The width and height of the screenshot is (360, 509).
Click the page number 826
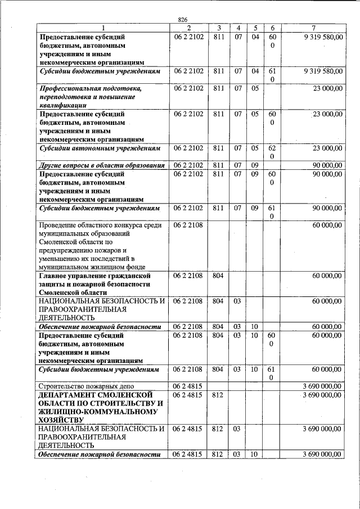pyautogui.click(x=182, y=20)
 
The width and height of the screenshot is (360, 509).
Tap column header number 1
pyautogui.click(x=103, y=28)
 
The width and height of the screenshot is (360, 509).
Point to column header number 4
pyautogui.click(x=238, y=28)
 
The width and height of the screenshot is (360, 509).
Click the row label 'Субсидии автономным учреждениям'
pyautogui.click(x=100, y=148)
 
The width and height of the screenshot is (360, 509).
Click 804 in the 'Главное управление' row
pyautogui.click(x=218, y=276)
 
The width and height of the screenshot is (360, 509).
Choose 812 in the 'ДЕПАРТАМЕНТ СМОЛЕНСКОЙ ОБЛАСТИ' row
pyautogui.click(x=218, y=395)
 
